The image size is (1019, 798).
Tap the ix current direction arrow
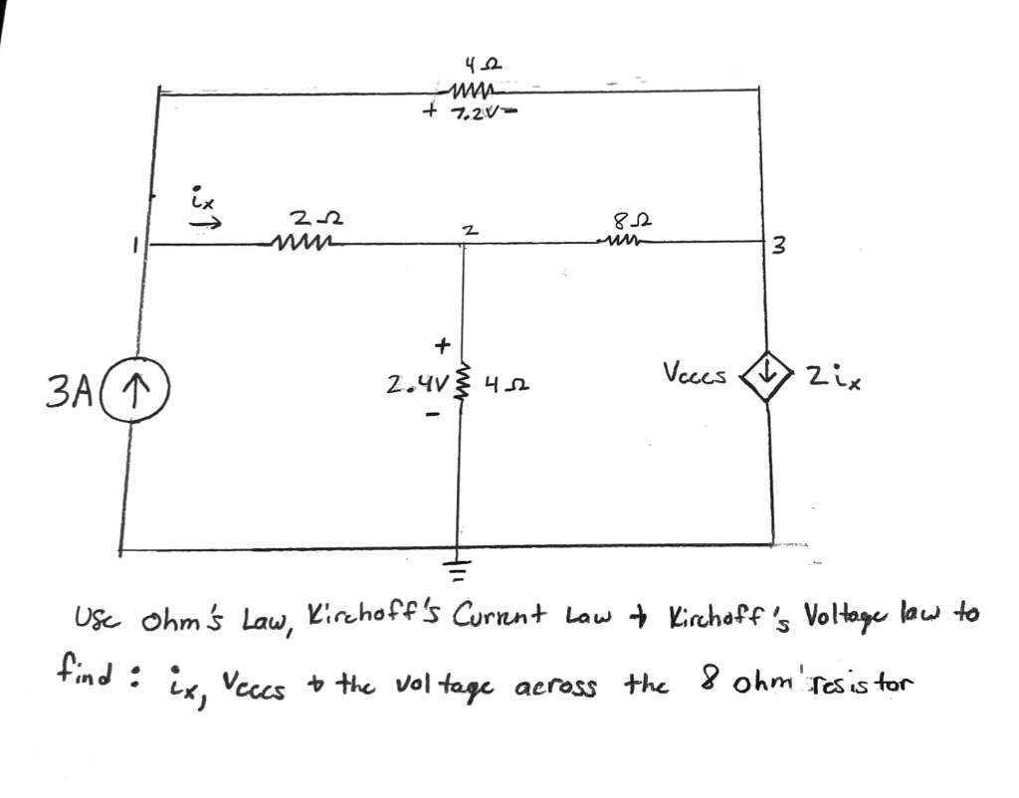point(203,225)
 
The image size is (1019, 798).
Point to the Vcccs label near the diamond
point(695,376)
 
